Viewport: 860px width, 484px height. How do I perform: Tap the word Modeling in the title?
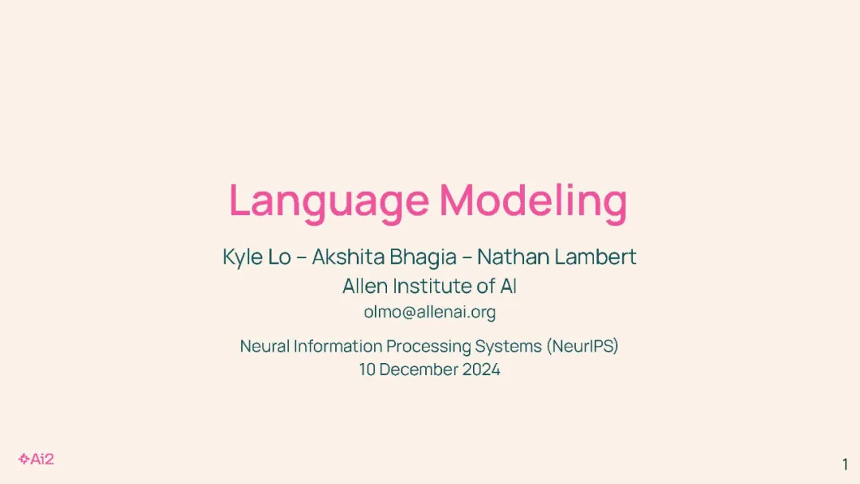pyautogui.click(x=533, y=200)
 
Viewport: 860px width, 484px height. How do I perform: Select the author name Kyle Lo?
pyautogui.click(x=256, y=257)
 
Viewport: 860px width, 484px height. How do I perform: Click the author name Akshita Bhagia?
pyautogui.click(x=385, y=257)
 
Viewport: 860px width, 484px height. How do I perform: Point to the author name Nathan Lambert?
pyautogui.click(x=557, y=256)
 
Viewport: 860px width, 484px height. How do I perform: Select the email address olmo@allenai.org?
pyautogui.click(x=429, y=312)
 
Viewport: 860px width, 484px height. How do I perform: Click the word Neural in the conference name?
pyautogui.click(x=265, y=345)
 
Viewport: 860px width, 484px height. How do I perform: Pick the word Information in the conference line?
pyautogui.click(x=338, y=345)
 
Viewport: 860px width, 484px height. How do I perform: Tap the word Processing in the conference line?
pyautogui.click(x=428, y=346)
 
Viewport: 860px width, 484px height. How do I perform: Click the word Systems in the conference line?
pyautogui.click(x=508, y=346)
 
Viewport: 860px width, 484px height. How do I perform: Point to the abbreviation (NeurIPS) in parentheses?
pyautogui.click(x=582, y=346)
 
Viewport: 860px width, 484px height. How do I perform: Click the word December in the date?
pyautogui.click(x=419, y=369)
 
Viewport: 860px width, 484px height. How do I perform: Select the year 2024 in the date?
pyautogui.click(x=481, y=369)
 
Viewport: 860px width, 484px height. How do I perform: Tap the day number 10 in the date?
pyautogui.click(x=367, y=369)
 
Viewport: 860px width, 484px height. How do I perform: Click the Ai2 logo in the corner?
pyautogui.click(x=36, y=459)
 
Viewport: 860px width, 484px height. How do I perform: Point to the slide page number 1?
pyautogui.click(x=845, y=464)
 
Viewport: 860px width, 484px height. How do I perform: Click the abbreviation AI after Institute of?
pyautogui.click(x=508, y=286)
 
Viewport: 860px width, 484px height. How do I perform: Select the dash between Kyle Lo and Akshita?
pyautogui.click(x=302, y=258)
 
